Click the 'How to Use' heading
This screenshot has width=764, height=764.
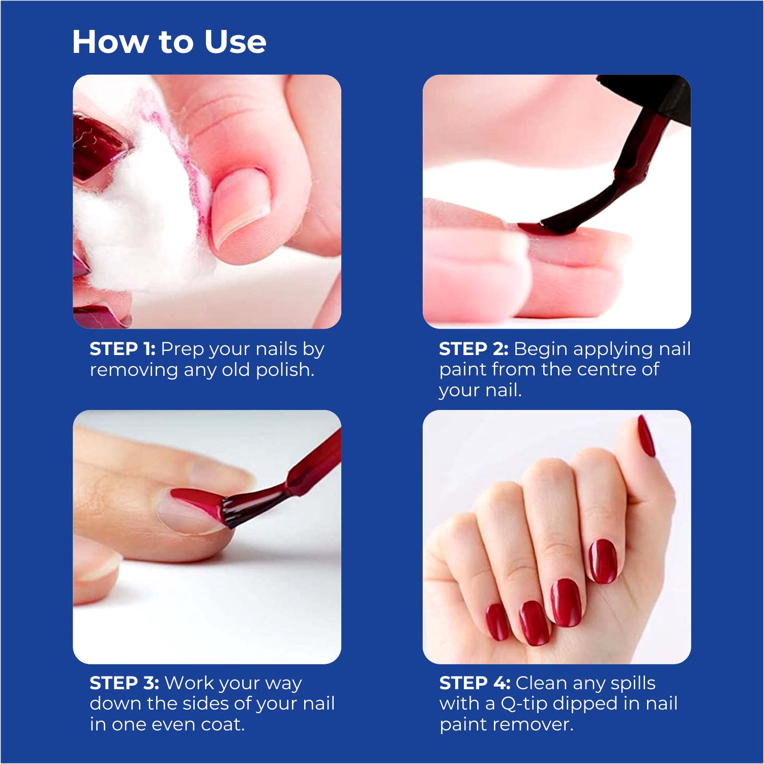pyautogui.click(x=169, y=42)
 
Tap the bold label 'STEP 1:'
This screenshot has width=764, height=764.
pyautogui.click(x=123, y=349)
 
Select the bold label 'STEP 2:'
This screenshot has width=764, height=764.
pyautogui.click(x=474, y=349)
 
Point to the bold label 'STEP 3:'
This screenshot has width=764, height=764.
pyautogui.click(x=124, y=683)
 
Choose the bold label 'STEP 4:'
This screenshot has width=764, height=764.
pyautogui.click(x=475, y=683)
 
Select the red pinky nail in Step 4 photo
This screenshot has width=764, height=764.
pyautogui.click(x=496, y=622)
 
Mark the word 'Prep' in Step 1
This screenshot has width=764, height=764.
pyautogui.click(x=182, y=350)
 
